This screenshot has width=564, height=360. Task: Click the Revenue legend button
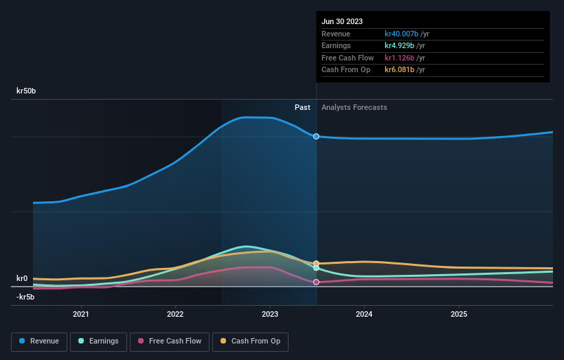point(39,341)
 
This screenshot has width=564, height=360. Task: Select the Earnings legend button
point(98,341)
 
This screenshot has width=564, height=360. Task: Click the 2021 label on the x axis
point(81,314)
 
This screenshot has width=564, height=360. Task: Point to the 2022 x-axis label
point(175,314)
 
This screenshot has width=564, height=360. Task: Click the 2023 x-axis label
point(270,314)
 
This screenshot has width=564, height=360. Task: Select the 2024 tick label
point(364,314)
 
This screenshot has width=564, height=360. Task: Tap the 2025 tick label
point(459,314)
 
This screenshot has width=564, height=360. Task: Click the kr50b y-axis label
point(27,91)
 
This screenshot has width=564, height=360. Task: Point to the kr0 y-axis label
point(22,278)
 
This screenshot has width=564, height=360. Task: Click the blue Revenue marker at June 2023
point(316,136)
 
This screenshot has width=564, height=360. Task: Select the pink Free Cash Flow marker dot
point(316,282)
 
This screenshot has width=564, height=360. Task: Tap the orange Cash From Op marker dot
point(316,263)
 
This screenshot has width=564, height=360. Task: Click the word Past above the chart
point(302,107)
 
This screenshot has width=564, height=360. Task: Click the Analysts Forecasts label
point(354,107)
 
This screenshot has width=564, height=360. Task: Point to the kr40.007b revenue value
point(401,34)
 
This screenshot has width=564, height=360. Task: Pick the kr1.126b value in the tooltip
point(399,58)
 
